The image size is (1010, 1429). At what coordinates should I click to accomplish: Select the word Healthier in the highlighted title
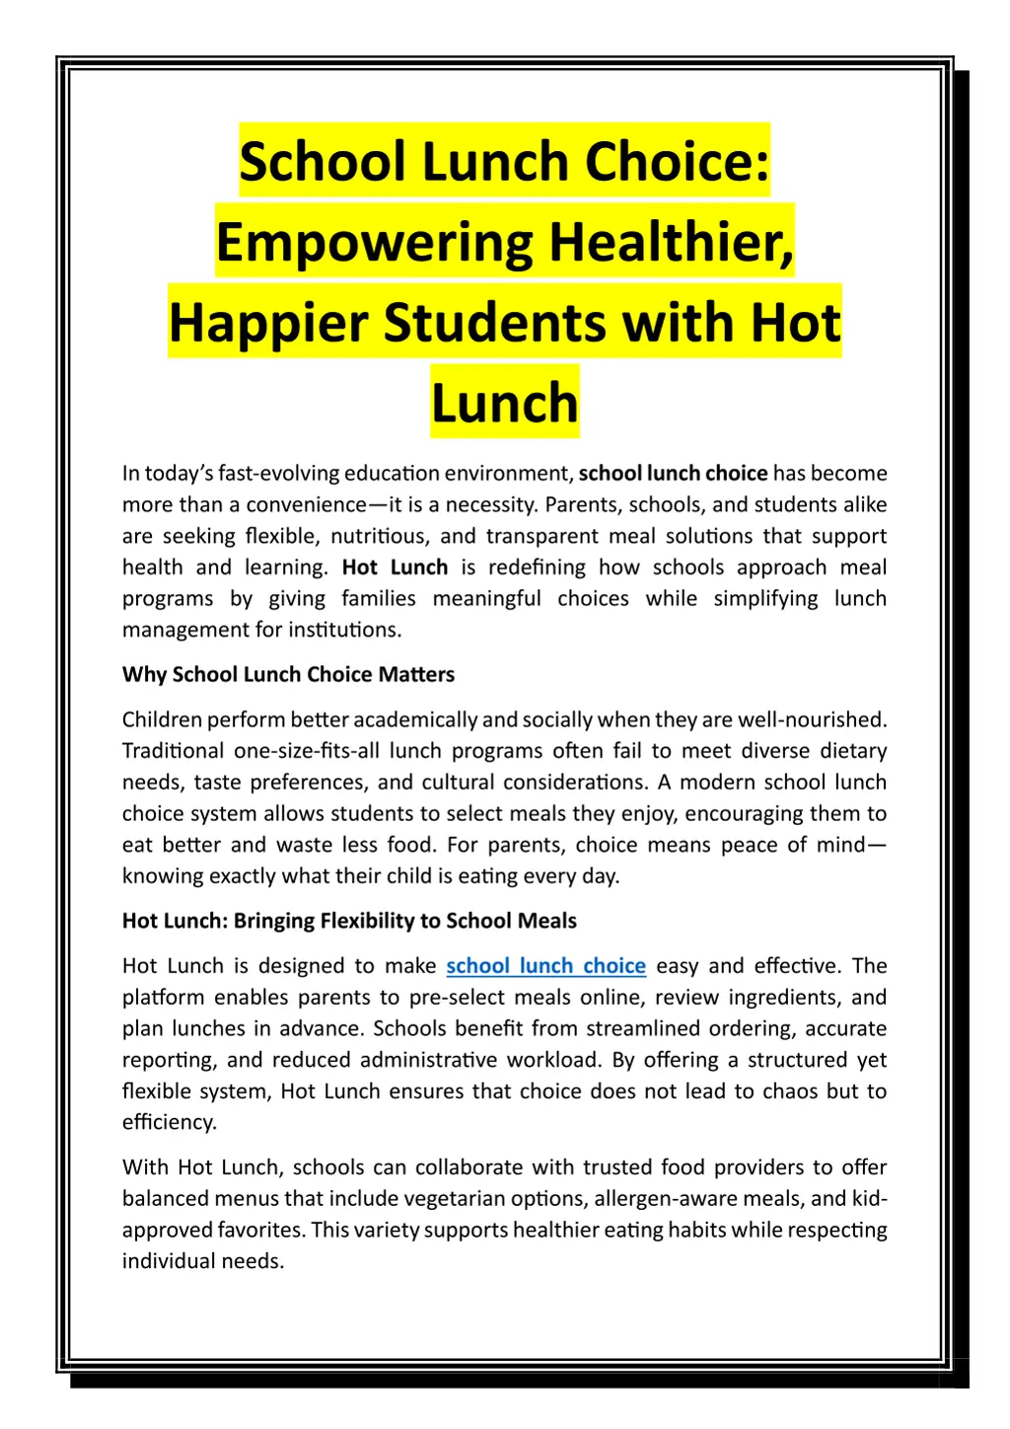coord(671,242)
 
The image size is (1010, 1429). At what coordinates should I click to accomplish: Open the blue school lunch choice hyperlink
coord(545,965)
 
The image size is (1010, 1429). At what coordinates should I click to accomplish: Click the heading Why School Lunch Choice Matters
coord(288,674)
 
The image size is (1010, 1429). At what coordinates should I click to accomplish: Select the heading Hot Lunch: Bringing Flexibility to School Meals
coord(349,921)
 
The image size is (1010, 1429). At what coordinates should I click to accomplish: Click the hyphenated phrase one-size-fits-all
coord(307,751)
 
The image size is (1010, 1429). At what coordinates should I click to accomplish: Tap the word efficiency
coord(169,1122)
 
